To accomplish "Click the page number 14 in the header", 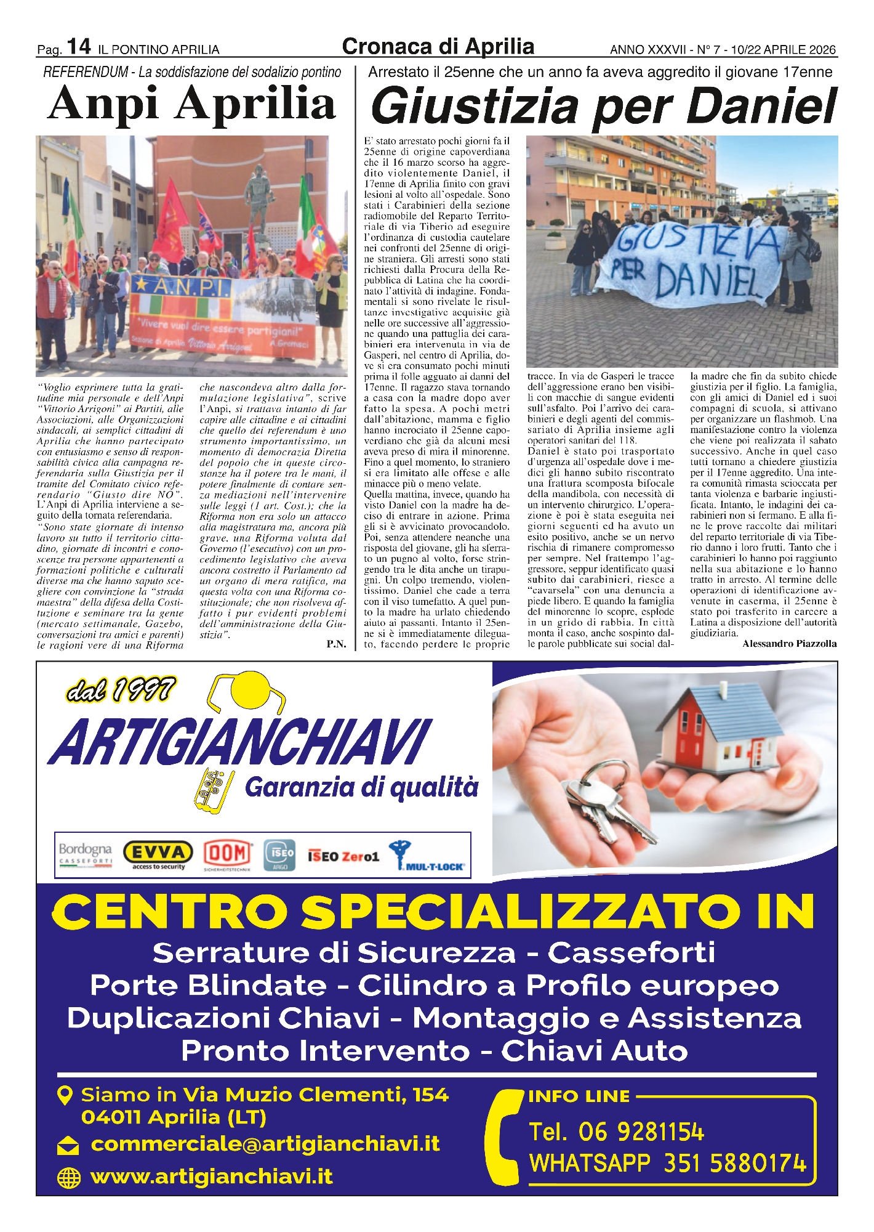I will [x=79, y=46].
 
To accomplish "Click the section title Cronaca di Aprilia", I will [x=438, y=47].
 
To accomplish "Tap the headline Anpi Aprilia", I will [x=191, y=103].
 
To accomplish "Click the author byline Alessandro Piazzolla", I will [x=789, y=644].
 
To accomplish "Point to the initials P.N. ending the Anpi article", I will [x=336, y=644].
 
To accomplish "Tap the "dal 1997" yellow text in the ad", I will [x=121, y=690].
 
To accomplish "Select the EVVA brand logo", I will [x=158, y=854].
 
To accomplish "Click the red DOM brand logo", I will [x=228, y=854].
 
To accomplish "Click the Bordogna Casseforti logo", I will [x=86, y=854].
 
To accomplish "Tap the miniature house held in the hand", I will [x=717, y=730].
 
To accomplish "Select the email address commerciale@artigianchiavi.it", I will [x=265, y=1144].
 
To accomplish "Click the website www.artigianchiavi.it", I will [x=211, y=1176].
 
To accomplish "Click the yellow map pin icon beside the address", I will [x=65, y=1095].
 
